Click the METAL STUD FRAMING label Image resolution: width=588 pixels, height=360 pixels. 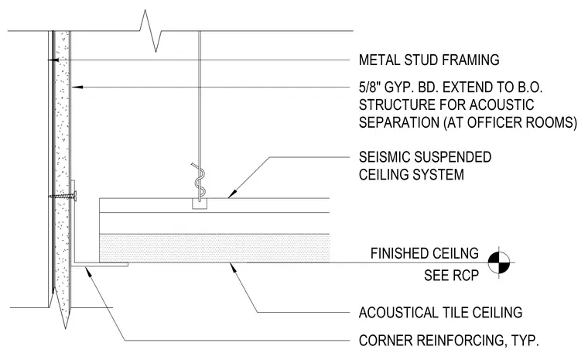pyautogui.click(x=429, y=60)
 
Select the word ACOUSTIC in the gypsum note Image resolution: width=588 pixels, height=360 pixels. pyautogui.click(x=501, y=105)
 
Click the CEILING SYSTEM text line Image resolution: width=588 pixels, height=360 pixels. pyautogui.click(x=412, y=174)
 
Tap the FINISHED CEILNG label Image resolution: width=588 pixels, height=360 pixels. pyautogui.click(x=425, y=253)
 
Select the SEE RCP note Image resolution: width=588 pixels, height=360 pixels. pyautogui.click(x=452, y=276)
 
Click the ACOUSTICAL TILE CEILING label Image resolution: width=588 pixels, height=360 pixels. pyautogui.click(x=441, y=312)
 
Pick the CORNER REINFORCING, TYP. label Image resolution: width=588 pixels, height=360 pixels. pyautogui.click(x=449, y=341)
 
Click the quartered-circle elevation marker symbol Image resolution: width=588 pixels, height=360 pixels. pyautogui.click(x=499, y=262)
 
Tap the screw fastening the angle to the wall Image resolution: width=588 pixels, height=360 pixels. pyautogui.click(x=63, y=196)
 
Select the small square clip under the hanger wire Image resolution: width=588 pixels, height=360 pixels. pyautogui.click(x=200, y=204)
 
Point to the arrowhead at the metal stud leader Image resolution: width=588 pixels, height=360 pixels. pyautogui.click(x=53, y=60)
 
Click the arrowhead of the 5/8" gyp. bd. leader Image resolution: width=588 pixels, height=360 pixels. pyautogui.click(x=77, y=87)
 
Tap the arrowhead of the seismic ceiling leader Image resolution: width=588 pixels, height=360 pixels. pyautogui.click(x=232, y=194)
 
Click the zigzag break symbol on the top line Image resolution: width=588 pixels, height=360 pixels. pyautogui.click(x=150, y=31)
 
